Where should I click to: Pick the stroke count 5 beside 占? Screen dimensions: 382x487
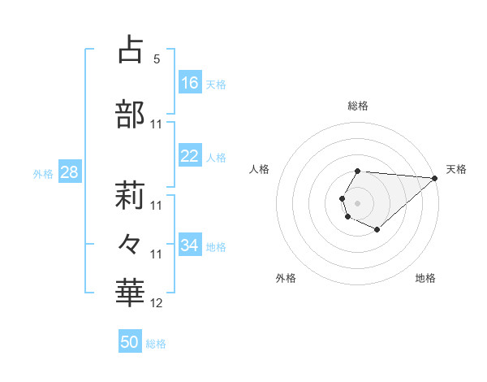[156, 59]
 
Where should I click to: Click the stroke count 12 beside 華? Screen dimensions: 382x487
[157, 303]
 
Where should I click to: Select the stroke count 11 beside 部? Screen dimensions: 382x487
[157, 124]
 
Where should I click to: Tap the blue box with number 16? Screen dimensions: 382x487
[190, 82]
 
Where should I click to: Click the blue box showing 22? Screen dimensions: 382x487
[190, 156]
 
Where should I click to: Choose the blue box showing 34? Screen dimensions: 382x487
[190, 245]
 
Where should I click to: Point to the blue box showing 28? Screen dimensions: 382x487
[68, 173]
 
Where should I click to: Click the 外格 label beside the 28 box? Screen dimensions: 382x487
[43, 174]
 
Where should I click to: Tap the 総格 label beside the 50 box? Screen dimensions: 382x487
[156, 344]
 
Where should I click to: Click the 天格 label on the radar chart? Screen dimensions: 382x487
[456, 169]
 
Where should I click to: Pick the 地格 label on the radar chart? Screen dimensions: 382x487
[425, 279]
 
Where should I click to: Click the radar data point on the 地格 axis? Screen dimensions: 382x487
[377, 230]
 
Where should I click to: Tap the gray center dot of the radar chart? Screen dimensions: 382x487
[357, 202]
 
